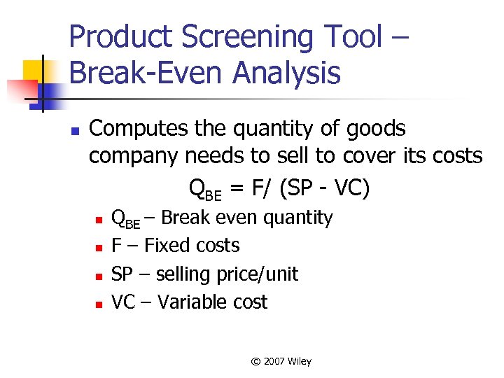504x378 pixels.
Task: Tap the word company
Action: point(134,155)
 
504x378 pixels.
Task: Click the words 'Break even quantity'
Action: point(247,218)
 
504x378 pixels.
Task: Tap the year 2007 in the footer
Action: point(274,361)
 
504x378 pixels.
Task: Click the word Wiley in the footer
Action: point(299,361)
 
